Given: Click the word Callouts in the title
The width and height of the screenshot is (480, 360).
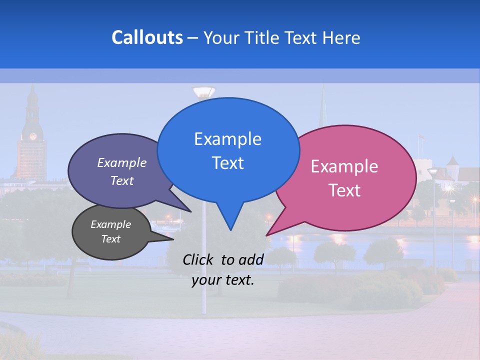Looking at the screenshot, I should tap(147, 37).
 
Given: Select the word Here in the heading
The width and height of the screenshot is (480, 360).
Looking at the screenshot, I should tap(341, 37).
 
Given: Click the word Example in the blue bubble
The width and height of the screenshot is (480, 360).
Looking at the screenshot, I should tap(227, 138).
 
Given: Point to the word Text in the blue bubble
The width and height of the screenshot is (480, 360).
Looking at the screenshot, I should tap(227, 162).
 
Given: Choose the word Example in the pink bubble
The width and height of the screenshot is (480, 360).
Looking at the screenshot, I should tap(344, 166).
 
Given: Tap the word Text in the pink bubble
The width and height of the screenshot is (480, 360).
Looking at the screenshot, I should tap(344, 190).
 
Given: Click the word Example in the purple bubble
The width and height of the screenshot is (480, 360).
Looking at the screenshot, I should tap(122, 162).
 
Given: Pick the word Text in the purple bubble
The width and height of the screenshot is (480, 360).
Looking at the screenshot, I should tap(122, 180).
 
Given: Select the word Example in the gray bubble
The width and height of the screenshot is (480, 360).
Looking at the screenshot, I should tap(110, 224).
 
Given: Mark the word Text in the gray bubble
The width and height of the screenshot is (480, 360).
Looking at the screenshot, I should tap(110, 239).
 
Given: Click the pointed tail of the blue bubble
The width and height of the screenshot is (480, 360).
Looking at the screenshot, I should tap(230, 228).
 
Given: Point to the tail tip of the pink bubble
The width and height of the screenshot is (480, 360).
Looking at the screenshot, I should tap(267, 234).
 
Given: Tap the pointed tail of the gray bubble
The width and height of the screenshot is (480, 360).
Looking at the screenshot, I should tap(171, 239).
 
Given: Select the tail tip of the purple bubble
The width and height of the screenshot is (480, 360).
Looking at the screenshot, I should tap(190, 211).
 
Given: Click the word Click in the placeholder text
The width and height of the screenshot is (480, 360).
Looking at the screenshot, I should tap(199, 259).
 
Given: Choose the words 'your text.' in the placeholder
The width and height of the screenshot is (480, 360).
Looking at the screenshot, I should tap(223, 280).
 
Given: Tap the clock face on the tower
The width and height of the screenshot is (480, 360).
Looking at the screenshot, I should tap(33, 136).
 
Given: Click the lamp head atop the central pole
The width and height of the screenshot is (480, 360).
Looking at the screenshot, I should tap(203, 92).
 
